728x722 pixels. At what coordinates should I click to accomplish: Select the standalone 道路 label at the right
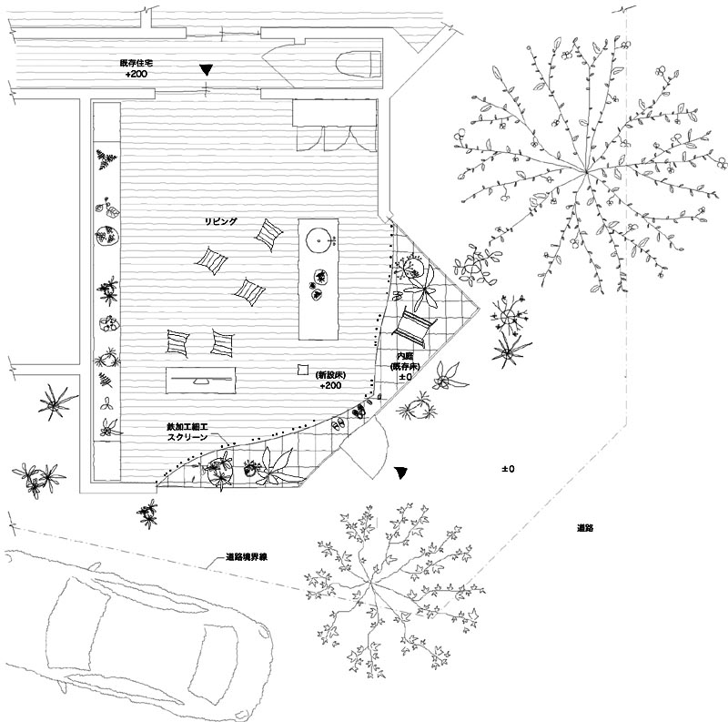point(585,528)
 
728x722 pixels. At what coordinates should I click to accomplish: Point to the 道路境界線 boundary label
point(252,556)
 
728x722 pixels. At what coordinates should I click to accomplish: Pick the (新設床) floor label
point(330,375)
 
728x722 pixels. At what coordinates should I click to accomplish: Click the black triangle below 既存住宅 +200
point(207,69)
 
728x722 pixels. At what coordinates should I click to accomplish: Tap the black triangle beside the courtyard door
point(401,473)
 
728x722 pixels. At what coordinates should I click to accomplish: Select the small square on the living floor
point(302,369)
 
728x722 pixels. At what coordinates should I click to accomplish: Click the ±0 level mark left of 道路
point(508,469)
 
